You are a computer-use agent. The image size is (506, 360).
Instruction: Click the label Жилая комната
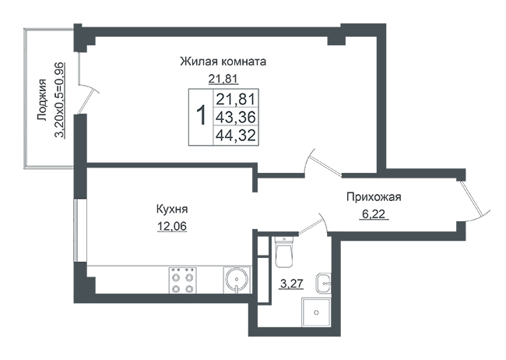pyautogui.click(x=223, y=62)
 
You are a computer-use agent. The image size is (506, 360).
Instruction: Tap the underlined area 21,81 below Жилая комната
pyautogui.click(x=223, y=79)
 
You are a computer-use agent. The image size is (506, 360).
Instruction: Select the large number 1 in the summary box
pyautogui.click(x=202, y=115)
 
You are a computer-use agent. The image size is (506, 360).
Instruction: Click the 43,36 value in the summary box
pyautogui.click(x=236, y=117)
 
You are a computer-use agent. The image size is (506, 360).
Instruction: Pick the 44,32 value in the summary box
pyautogui.click(x=236, y=135)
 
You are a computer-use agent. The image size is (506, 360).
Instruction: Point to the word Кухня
pyautogui.click(x=172, y=210)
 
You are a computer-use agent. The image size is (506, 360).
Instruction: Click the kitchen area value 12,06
pyautogui.click(x=172, y=227)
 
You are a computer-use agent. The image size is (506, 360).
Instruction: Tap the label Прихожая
pyautogui.click(x=374, y=197)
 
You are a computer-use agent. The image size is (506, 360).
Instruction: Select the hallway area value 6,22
pyautogui.click(x=374, y=214)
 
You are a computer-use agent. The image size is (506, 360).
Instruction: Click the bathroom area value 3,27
pyautogui.click(x=292, y=284)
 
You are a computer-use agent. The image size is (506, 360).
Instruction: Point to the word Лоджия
pyautogui.click(x=42, y=100)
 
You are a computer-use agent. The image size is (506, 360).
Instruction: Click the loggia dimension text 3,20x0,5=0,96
pyautogui.click(x=59, y=101)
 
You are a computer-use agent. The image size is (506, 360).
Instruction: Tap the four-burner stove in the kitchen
pyautogui.click(x=182, y=281)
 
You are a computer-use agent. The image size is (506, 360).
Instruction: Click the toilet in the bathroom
pyautogui.click(x=284, y=252)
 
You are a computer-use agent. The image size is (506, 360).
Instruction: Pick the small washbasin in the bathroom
pyautogui.click(x=323, y=283)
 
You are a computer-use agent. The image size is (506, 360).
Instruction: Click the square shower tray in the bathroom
pyautogui.click(x=316, y=312)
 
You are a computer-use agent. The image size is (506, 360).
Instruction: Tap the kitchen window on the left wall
pyautogui.click(x=76, y=231)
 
